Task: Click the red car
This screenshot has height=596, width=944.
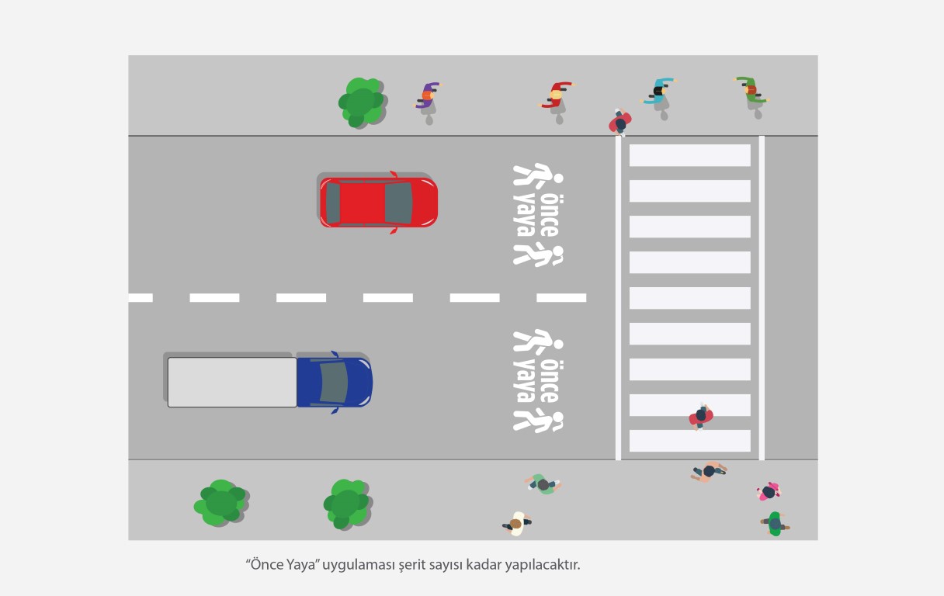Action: pos(378,202)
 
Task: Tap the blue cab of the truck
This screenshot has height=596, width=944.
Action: pos(334,381)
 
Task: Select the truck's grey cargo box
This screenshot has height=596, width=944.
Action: pos(231,381)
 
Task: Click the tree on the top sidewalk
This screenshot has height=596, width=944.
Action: pos(361,102)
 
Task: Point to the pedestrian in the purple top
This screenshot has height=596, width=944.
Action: pos(428,96)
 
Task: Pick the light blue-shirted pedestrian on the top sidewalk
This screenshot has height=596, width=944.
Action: pos(660,92)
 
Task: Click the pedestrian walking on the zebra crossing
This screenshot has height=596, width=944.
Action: pos(701,416)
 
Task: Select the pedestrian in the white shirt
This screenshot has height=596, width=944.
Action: pos(516,524)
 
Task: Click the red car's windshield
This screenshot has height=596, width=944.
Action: pos(398,203)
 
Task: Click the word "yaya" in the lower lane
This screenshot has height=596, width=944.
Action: pos(525,380)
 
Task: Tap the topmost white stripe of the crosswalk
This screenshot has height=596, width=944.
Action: pos(689,155)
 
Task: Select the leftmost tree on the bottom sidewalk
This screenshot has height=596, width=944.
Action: pos(220,503)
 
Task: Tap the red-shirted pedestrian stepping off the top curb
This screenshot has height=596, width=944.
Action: pos(620,123)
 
